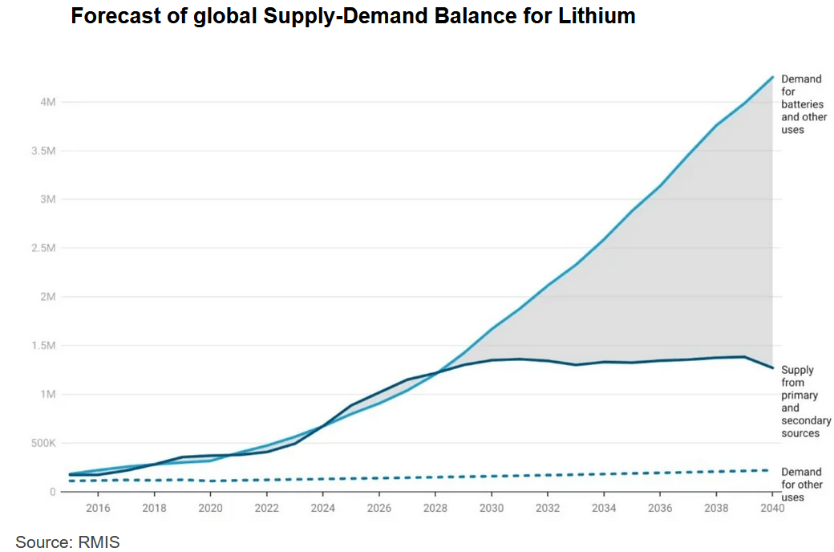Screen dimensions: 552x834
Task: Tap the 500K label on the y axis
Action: tap(42, 443)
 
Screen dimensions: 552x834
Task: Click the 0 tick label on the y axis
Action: tap(52, 492)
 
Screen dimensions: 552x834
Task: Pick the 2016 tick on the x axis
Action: tap(98, 508)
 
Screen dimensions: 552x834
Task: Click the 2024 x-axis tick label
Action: tap(322, 508)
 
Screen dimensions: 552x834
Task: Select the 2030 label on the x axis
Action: tap(492, 508)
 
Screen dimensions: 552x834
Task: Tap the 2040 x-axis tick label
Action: tap(771, 508)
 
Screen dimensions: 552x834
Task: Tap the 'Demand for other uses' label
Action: tap(802, 485)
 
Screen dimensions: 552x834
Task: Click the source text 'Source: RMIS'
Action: tap(67, 542)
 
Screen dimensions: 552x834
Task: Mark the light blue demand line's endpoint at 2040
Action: tap(772, 77)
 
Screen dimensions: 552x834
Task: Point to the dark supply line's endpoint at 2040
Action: tap(772, 368)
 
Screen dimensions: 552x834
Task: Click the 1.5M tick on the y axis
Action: tap(43, 346)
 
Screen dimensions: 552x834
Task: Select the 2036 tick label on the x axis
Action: tap(660, 508)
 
